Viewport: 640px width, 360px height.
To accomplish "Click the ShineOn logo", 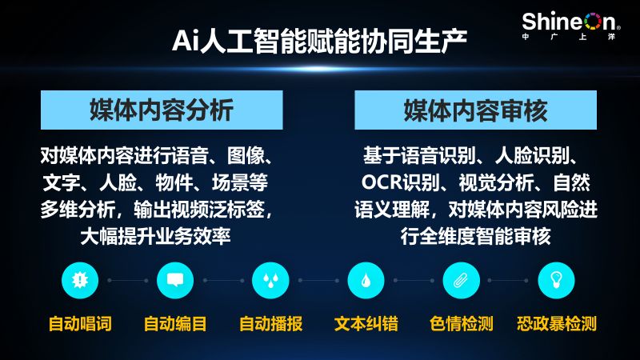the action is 570,26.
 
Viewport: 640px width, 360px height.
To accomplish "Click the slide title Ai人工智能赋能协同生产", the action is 319,42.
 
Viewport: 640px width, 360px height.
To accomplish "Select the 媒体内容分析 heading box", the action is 162,110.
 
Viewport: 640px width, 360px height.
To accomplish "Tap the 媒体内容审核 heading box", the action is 475,110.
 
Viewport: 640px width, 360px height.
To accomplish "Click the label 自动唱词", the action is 80,324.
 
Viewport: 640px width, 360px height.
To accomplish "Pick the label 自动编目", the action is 175,324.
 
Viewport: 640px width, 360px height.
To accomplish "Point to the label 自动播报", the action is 270,324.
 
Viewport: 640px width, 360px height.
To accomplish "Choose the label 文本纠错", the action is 366,324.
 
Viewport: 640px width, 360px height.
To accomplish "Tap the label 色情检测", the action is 462,324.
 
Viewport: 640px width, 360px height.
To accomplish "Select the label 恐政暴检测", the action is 557,324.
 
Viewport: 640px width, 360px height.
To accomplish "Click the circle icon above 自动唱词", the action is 80,281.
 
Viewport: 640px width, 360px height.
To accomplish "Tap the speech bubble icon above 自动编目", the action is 175,281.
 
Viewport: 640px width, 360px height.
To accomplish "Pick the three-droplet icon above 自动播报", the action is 270,281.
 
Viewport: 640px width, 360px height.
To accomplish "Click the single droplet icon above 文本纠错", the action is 366,281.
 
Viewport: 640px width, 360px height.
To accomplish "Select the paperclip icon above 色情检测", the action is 462,281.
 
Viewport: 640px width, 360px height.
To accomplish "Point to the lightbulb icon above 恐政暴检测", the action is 557,281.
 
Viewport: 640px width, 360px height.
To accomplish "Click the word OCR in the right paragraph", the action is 382,182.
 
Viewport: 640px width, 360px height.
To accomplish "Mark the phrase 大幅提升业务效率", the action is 155,236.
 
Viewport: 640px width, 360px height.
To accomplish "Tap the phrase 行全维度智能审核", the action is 475,236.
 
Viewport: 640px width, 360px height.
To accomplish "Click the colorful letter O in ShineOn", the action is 593,22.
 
